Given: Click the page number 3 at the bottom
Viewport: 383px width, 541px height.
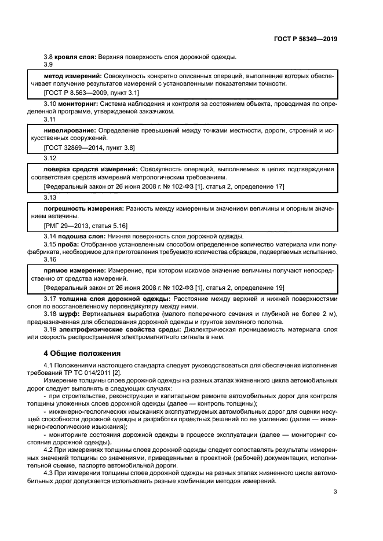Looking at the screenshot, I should pos(335,492).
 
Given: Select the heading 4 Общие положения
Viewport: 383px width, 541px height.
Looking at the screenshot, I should pos(82,353).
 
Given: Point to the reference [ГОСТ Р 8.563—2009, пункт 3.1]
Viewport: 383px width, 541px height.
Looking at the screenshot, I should pos(92,93).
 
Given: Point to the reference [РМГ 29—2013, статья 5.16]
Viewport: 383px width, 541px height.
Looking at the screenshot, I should pos(86,225).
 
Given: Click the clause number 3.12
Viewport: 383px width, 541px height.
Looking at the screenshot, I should pos(50,158).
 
